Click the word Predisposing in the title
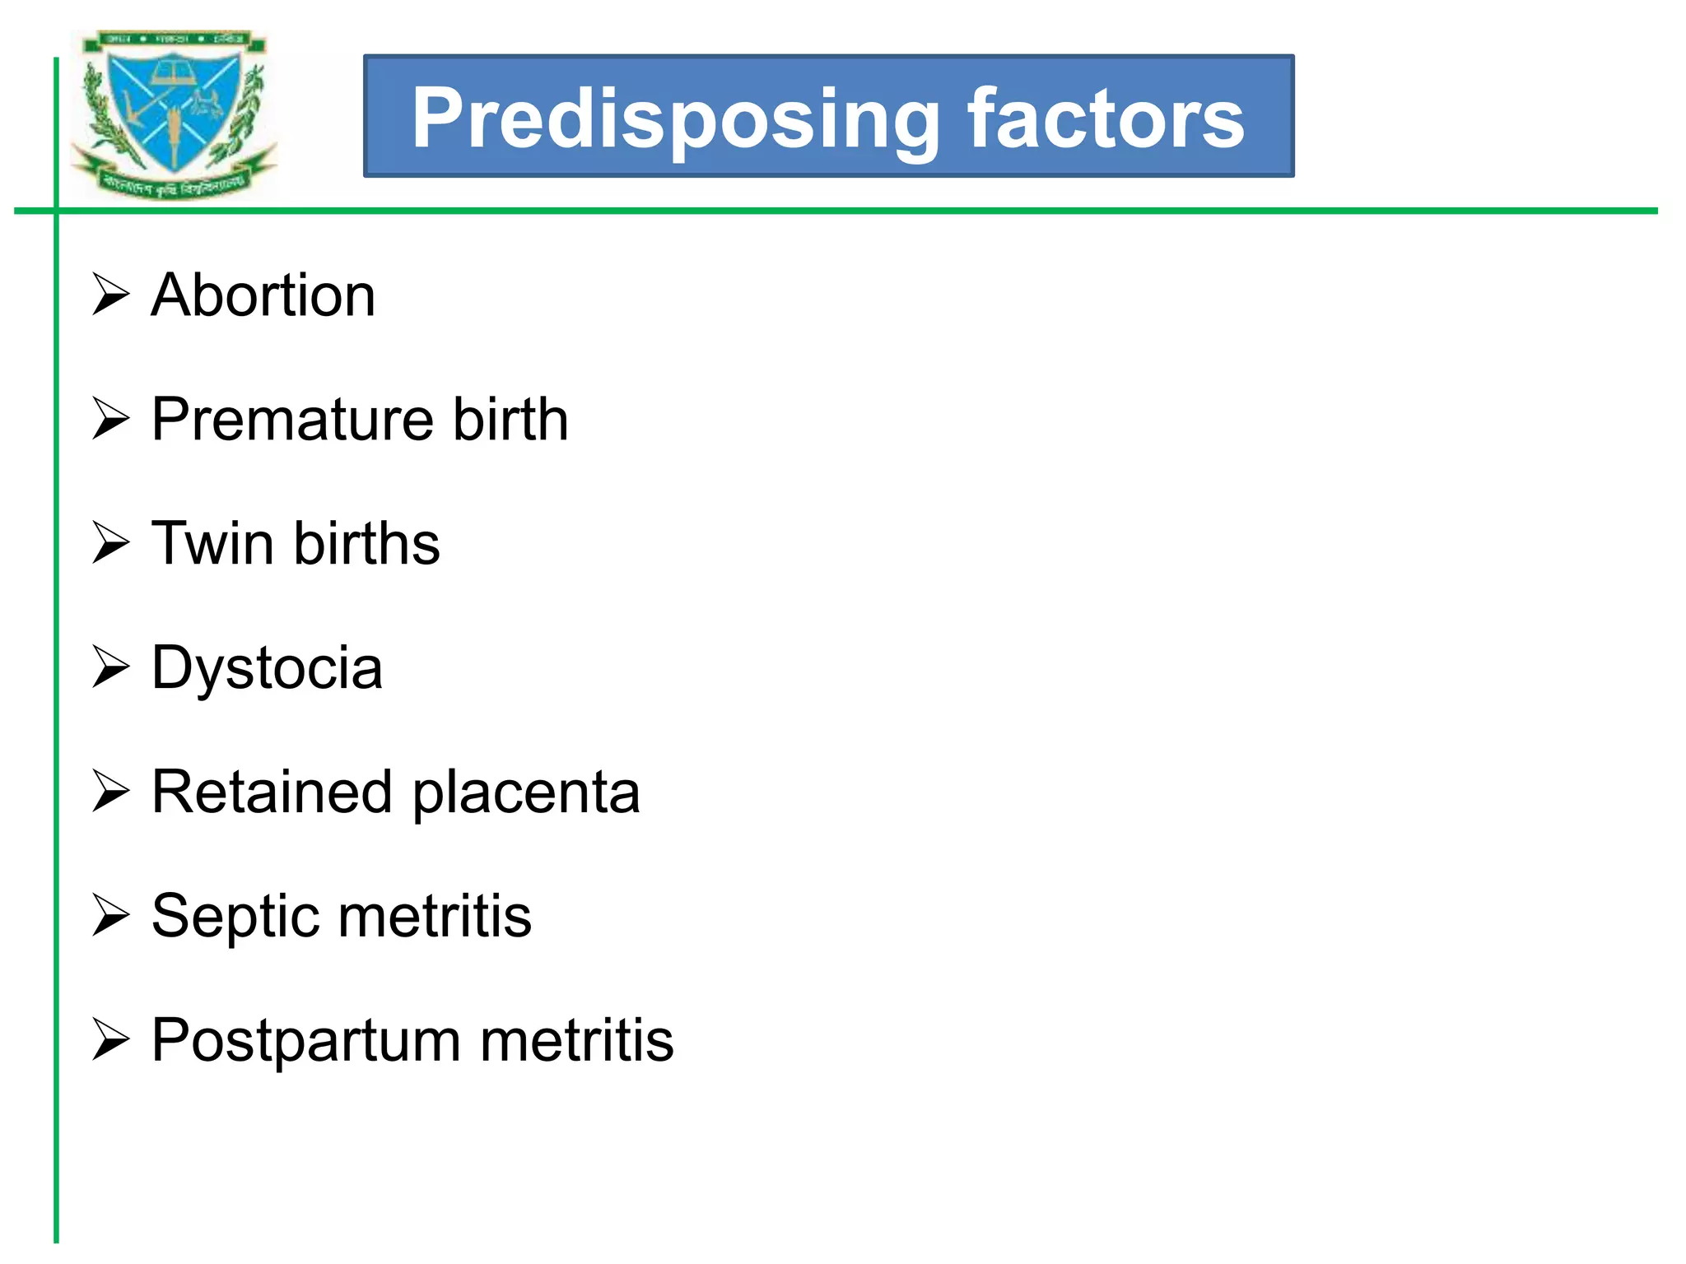coord(675,119)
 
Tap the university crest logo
coord(175,115)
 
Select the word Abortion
coord(263,295)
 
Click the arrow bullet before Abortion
coord(110,295)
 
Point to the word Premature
coord(291,420)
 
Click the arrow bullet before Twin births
coord(110,543)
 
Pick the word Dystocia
coord(267,668)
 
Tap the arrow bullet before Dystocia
coord(110,667)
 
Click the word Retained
coord(272,792)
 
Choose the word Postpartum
coord(305,1041)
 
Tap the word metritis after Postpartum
coord(576,1041)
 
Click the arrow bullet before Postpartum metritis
coord(110,1040)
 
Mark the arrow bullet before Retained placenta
coord(110,792)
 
